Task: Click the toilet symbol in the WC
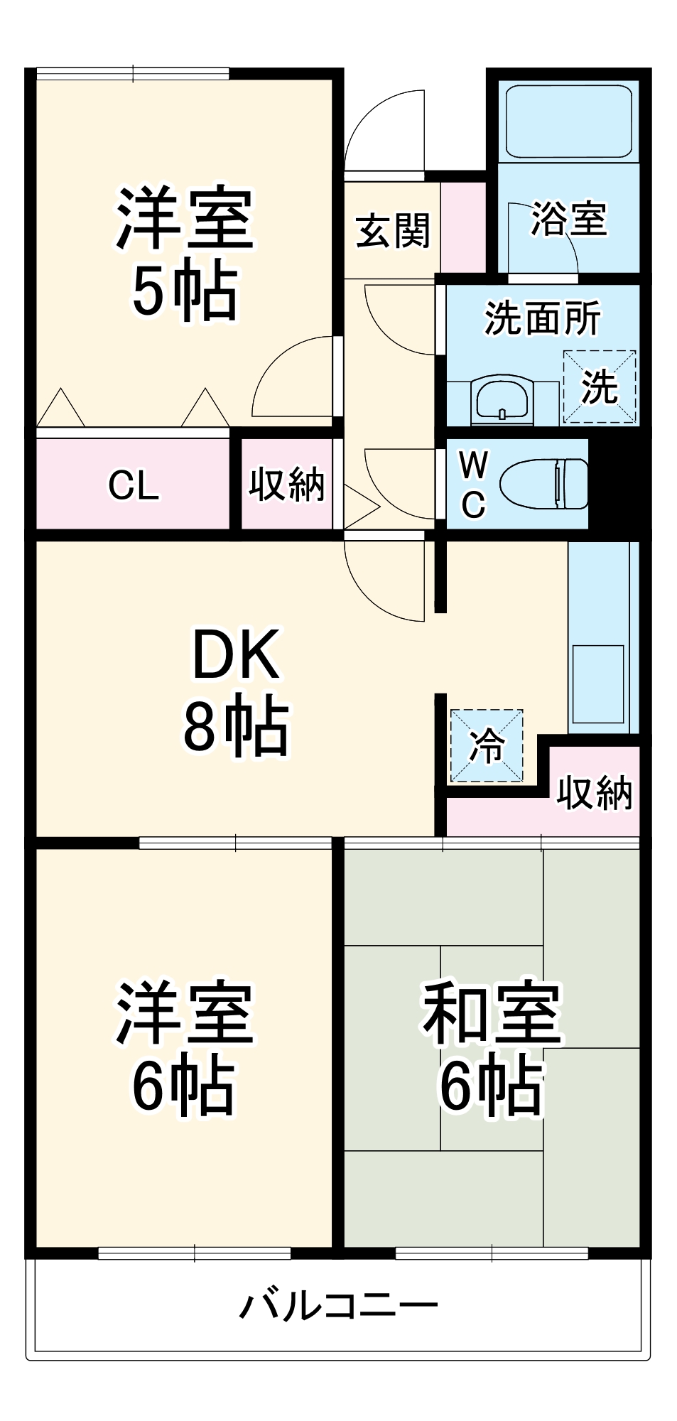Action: coord(544,484)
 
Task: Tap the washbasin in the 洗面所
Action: coord(502,400)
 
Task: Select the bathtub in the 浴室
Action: coord(568,121)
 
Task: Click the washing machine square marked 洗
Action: coord(600,387)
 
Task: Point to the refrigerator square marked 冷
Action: coord(487,746)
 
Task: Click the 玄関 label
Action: coord(393,231)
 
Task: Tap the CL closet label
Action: coord(134,486)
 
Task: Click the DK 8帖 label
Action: coord(236,691)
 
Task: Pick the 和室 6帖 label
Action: coord(492,1048)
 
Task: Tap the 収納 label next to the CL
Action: coord(286,485)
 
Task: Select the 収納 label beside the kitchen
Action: coord(594,792)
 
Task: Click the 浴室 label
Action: coord(569,219)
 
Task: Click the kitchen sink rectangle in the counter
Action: coord(598,684)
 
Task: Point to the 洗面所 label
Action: coord(543,318)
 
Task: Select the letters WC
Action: coord(473,485)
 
